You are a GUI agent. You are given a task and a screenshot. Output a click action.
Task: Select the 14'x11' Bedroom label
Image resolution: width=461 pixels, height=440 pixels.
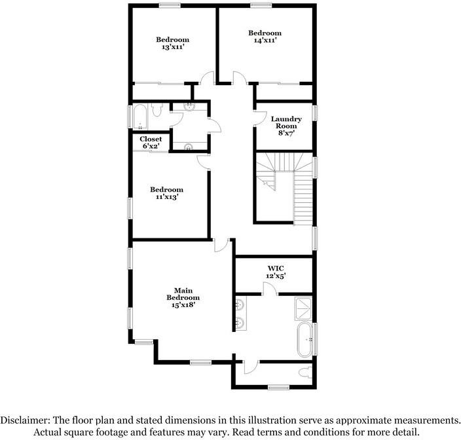click(265, 37)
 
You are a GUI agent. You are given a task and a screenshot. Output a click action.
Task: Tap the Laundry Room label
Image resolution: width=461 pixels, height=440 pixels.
click(286, 123)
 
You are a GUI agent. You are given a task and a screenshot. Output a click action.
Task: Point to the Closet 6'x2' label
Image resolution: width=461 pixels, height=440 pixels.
click(151, 142)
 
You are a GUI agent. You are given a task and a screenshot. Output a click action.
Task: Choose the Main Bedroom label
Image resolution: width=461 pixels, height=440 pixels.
click(181, 298)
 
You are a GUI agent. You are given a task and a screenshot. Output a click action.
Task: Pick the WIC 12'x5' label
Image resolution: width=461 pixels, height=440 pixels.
click(275, 272)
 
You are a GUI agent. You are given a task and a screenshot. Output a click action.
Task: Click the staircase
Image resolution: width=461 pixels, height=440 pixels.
click(288, 187)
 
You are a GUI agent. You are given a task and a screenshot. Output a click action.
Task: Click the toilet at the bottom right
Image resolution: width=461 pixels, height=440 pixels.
click(303, 374)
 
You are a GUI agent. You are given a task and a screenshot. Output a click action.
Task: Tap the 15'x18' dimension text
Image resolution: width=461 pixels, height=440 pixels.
click(181, 304)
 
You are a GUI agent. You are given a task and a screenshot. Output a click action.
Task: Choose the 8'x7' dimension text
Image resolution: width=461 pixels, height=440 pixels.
click(286, 132)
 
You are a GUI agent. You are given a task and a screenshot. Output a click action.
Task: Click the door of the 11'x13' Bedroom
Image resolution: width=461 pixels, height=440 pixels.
click(204, 162)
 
